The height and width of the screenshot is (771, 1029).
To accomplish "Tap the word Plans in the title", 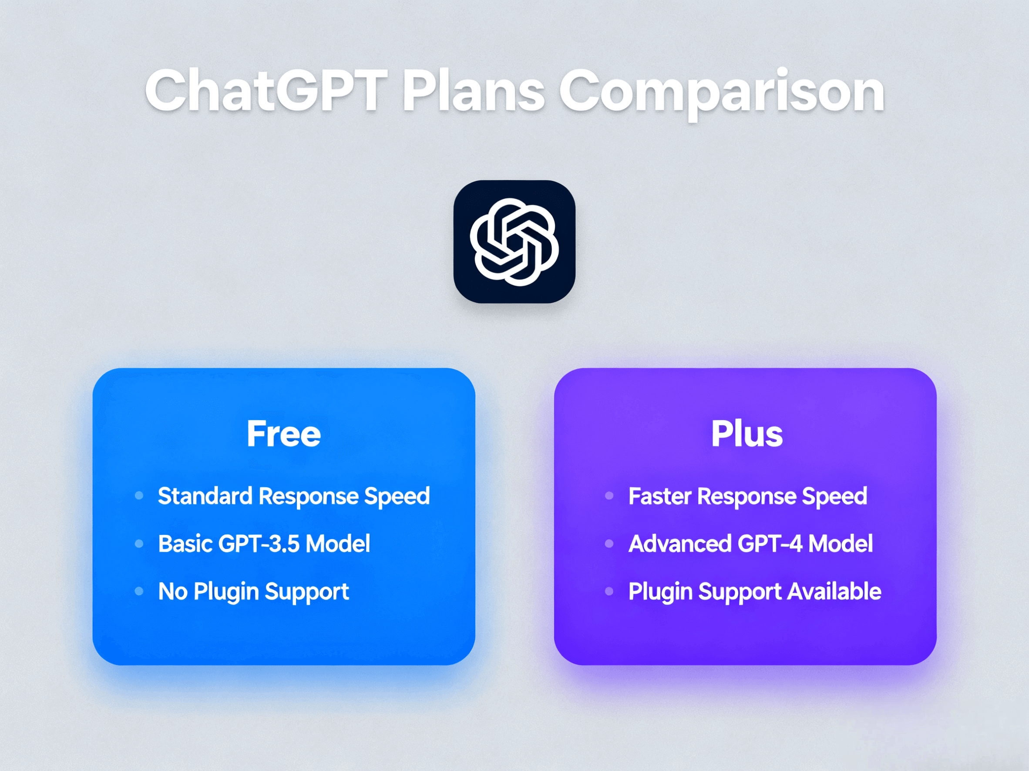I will point(473,90).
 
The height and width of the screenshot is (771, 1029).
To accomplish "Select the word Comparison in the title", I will point(722,91).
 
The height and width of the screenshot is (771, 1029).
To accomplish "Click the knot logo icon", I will point(514,242).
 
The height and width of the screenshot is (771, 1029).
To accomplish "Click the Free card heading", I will point(283,434).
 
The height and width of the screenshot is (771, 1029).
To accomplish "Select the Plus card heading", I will point(747,434).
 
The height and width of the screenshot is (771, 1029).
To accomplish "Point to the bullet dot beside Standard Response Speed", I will point(138,495).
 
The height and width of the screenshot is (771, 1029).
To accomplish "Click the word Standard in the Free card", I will point(205,496).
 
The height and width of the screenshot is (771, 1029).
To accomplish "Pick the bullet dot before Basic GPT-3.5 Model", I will point(138,543).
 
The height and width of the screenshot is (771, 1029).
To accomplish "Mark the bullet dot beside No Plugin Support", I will point(138,591).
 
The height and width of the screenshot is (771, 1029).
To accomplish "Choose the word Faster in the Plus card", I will point(659,496).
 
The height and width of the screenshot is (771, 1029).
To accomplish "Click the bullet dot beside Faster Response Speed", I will point(609,495).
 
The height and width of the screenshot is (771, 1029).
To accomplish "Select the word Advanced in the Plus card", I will point(679,543).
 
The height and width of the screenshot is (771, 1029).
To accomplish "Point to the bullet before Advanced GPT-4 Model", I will point(609,543).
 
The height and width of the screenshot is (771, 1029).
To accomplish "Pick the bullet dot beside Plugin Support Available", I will point(609,591).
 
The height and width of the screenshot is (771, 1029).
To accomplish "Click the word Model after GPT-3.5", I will point(338,543).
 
